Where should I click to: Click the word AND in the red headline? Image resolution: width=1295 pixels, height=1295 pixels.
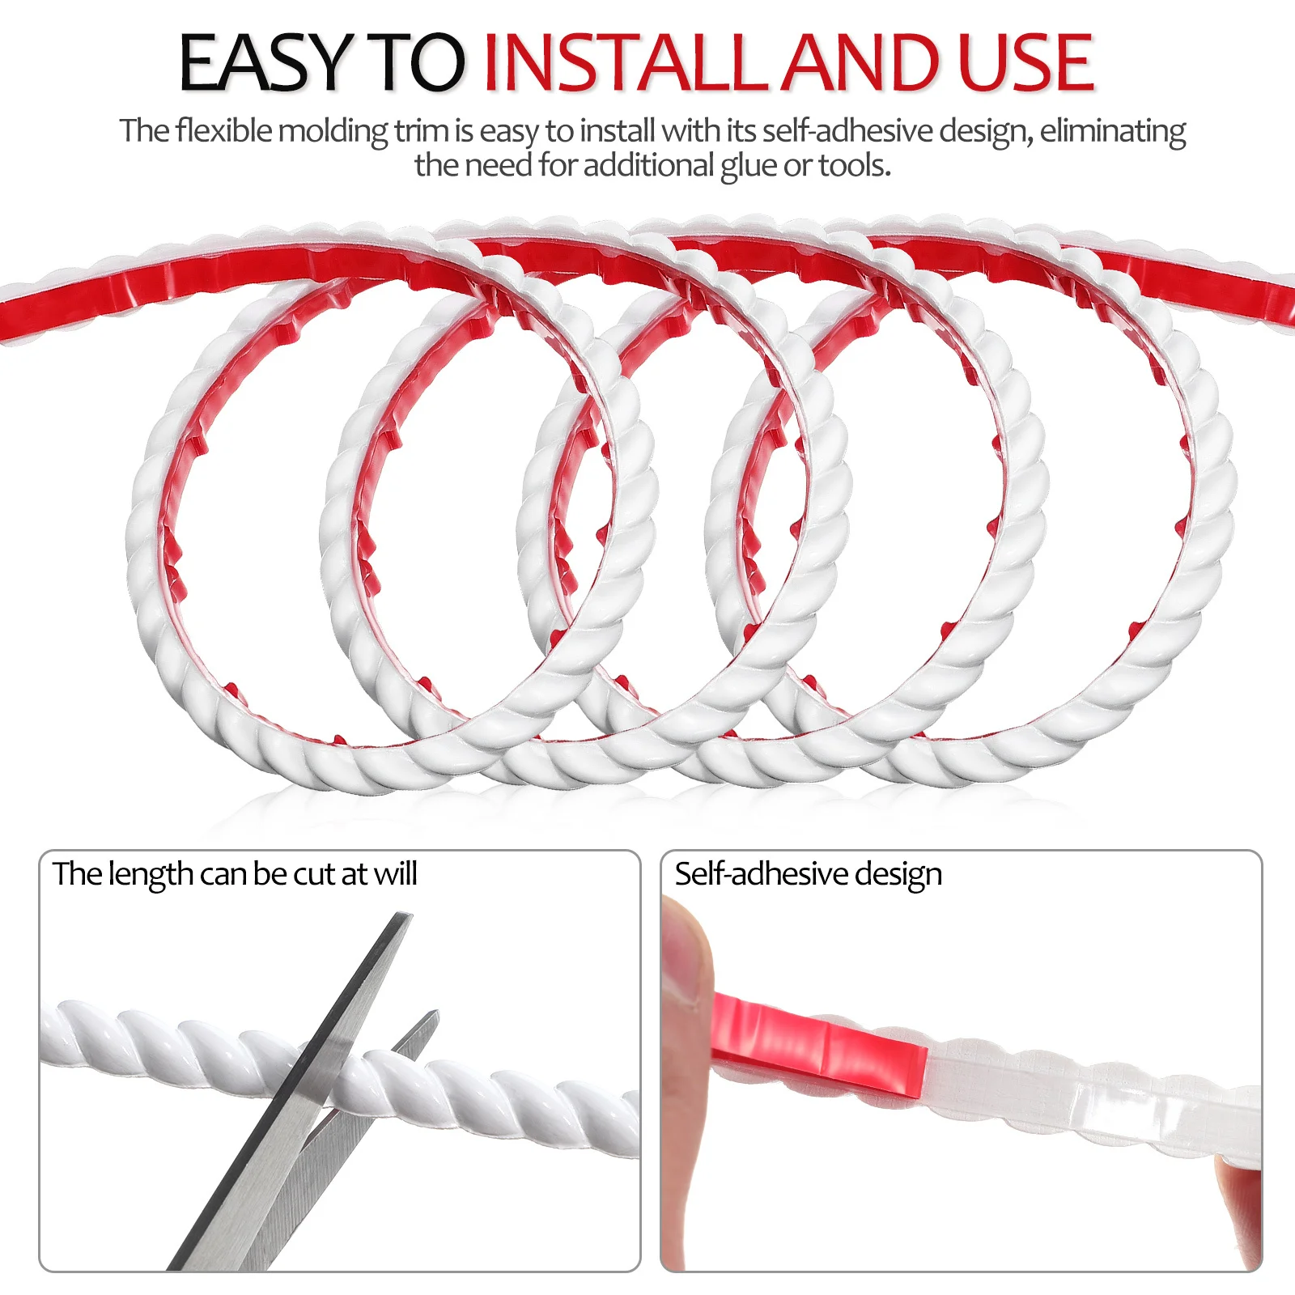(x=862, y=62)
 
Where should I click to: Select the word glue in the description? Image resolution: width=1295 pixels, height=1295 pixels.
(x=749, y=166)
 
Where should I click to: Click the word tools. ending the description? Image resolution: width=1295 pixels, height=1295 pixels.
(x=854, y=166)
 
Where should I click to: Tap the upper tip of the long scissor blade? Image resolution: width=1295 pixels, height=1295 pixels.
(x=402, y=919)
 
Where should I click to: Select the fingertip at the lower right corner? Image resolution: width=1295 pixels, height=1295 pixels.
(x=1238, y=1206)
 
